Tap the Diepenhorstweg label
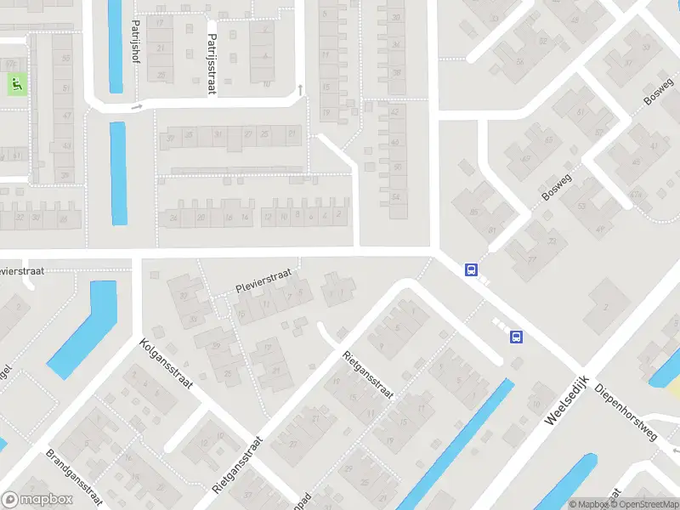click(626, 407)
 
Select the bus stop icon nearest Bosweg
click(470, 269)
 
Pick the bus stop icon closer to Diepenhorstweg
click(515, 337)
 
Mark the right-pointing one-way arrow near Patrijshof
click(135, 107)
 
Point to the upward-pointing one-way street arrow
click(299, 89)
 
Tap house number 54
click(395, 197)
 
